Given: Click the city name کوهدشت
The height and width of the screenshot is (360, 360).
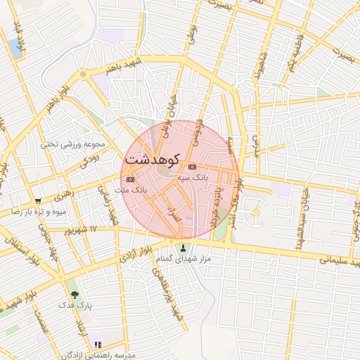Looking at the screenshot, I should tap(153, 160).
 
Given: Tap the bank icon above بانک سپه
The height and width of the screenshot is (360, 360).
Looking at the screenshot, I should tap(192, 167).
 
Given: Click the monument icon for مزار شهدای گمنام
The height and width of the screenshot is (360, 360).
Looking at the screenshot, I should tap(184, 247).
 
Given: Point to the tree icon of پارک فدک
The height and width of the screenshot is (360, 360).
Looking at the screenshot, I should tap(75, 295).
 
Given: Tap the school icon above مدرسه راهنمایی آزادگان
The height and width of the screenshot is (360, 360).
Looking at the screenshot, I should tap(98, 345).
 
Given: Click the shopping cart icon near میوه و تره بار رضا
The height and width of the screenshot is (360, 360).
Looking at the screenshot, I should tap(38, 200).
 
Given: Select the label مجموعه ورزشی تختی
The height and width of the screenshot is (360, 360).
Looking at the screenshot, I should tap(72, 145).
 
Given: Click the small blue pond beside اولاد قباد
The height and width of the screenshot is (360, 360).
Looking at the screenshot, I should tap(15, 48).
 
